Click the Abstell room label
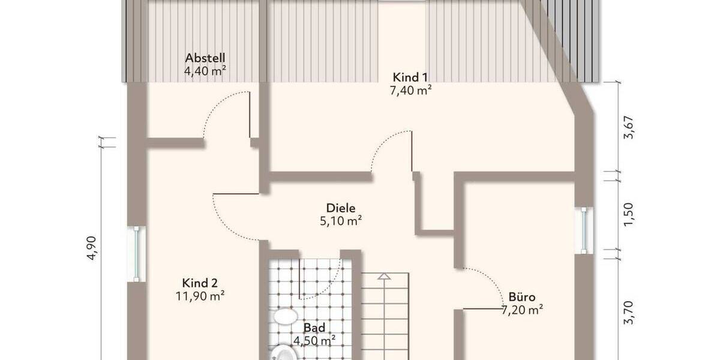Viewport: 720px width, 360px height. (205, 58)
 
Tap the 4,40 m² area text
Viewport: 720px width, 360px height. (205, 71)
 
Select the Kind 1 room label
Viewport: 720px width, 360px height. (411, 77)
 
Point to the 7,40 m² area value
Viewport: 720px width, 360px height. (411, 90)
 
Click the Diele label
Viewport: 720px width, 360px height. (341, 208)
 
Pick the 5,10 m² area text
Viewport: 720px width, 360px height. (341, 220)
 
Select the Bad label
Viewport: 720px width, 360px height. (314, 328)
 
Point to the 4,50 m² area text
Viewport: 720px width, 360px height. (314, 341)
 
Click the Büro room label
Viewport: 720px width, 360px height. (521, 296)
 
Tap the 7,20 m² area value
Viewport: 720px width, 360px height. (522, 310)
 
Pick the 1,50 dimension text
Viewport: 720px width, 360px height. (629, 214)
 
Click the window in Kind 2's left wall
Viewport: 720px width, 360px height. (137, 253)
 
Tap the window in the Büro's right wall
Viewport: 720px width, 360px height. (583, 229)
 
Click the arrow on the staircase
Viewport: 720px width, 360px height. (383, 277)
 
